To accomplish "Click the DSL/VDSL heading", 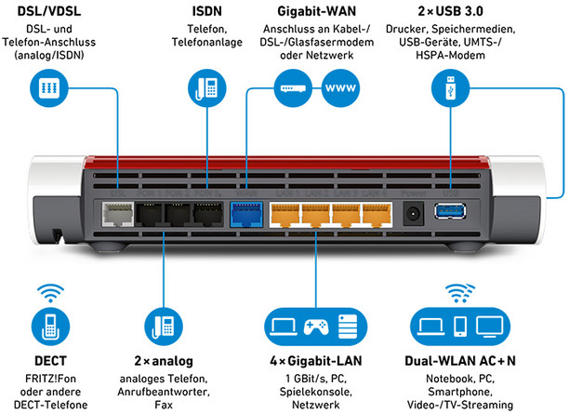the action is coord(49,11).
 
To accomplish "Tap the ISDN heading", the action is coord(206,11).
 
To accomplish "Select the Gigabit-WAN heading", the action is coord(316,11).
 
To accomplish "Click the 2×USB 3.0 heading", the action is coord(450,11).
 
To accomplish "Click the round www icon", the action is coord(340,88).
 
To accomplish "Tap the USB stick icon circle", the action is coord(450,88).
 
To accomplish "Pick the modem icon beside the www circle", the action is coord(293,88).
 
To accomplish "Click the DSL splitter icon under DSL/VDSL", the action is coord(49,88).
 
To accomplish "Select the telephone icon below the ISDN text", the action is coord(206,88).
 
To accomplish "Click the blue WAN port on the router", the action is coord(246,214).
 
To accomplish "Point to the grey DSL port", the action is coord(117,214).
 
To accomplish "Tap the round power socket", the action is coord(414,214).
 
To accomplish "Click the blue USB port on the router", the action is coord(450,211).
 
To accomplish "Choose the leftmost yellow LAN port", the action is coord(285,215).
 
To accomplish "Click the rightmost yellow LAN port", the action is coord(377,215).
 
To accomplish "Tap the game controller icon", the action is coord(316,327).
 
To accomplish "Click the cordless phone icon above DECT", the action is coord(50,327).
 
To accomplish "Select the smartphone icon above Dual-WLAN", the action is coord(460,327).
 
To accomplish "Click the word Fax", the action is coord(164,405).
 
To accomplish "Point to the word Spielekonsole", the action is coord(316,392).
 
